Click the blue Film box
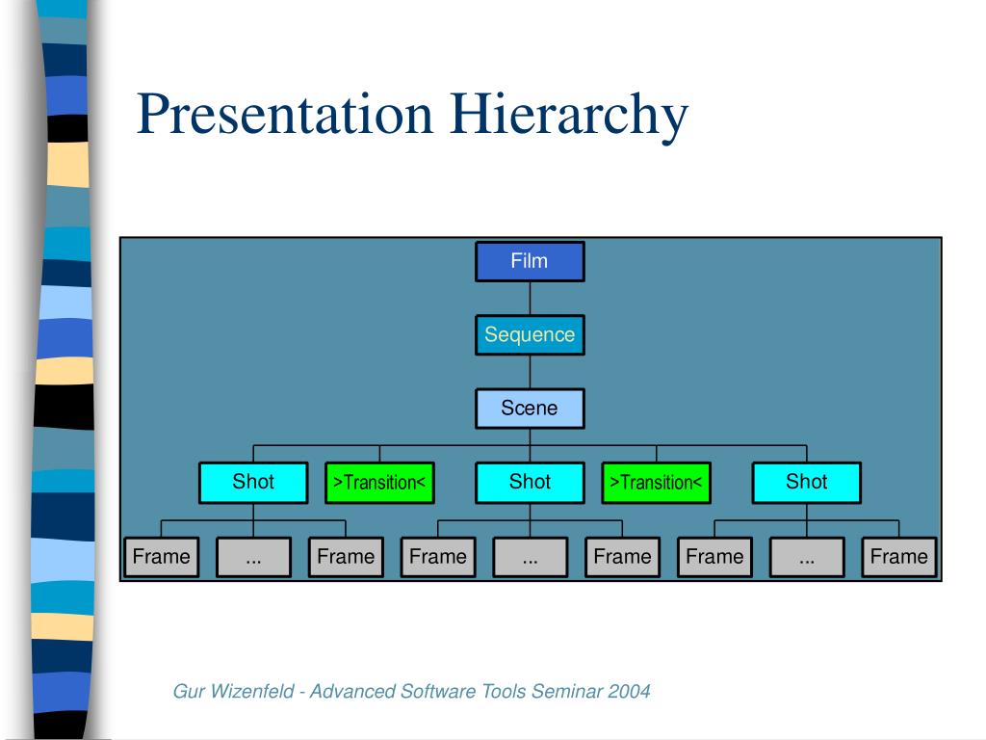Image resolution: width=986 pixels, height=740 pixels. tap(530, 261)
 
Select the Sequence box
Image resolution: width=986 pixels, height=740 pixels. tap(530, 335)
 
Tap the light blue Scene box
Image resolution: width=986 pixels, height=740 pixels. tap(530, 409)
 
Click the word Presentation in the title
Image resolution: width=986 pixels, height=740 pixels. tap(285, 114)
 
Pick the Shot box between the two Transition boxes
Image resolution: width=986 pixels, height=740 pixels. tap(530, 483)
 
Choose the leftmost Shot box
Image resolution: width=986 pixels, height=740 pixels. tap(253, 483)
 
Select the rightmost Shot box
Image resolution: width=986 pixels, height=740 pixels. tap(806, 483)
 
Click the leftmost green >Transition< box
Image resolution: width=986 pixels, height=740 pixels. tap(379, 483)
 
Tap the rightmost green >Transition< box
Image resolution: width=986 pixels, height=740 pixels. tap(657, 483)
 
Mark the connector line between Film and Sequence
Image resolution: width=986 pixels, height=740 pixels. tap(530, 299)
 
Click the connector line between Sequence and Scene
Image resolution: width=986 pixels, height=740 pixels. tap(530, 372)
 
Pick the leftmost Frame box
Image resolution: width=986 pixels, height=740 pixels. tap(161, 557)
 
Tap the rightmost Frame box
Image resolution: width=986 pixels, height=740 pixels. tap(898, 557)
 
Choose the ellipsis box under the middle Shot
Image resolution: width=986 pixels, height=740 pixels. tap(530, 557)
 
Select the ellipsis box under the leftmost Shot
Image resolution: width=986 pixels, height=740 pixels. tap(253, 557)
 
